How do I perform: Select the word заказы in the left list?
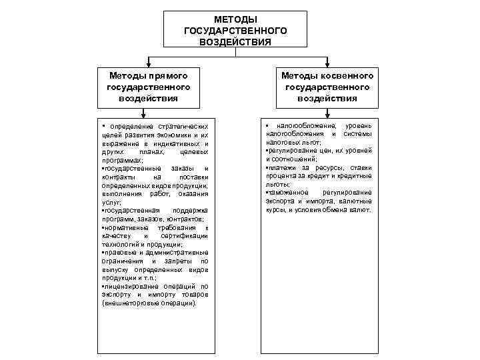point(181,169)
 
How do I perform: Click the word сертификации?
point(181,237)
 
